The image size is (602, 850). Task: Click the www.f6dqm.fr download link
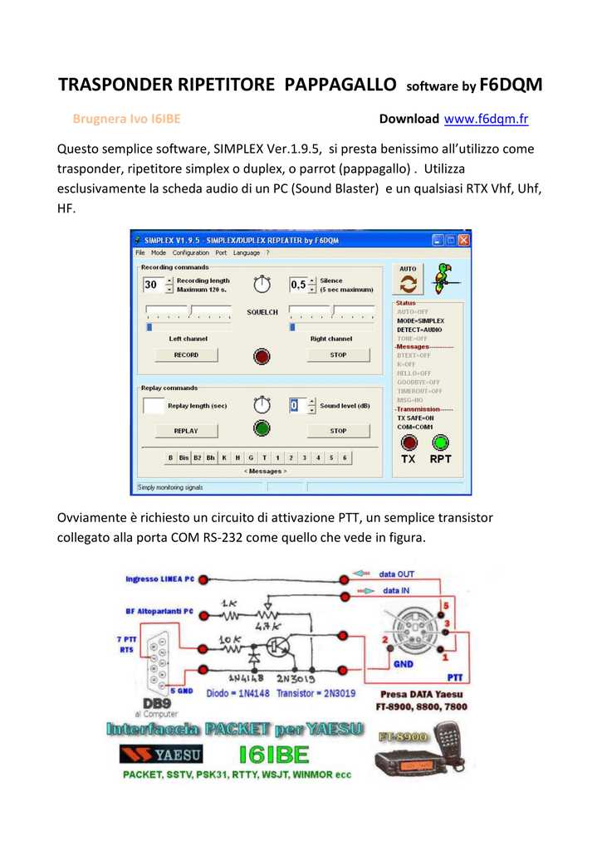[x=487, y=120]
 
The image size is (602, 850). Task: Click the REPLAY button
[x=186, y=431]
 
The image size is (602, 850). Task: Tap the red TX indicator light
[x=409, y=442]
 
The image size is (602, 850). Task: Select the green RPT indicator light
[x=440, y=442]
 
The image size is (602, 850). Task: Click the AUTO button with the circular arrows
[x=408, y=281]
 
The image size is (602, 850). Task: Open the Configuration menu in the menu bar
[x=191, y=252]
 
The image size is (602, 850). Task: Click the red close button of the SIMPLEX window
[x=463, y=240]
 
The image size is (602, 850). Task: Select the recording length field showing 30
[x=153, y=285]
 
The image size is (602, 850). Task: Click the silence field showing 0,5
[x=298, y=285]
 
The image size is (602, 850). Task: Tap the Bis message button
[x=184, y=457]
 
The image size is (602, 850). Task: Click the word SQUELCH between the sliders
[x=262, y=312]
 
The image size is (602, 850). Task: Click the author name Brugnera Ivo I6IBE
[x=127, y=120]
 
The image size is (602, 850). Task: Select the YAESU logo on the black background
[x=161, y=754]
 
